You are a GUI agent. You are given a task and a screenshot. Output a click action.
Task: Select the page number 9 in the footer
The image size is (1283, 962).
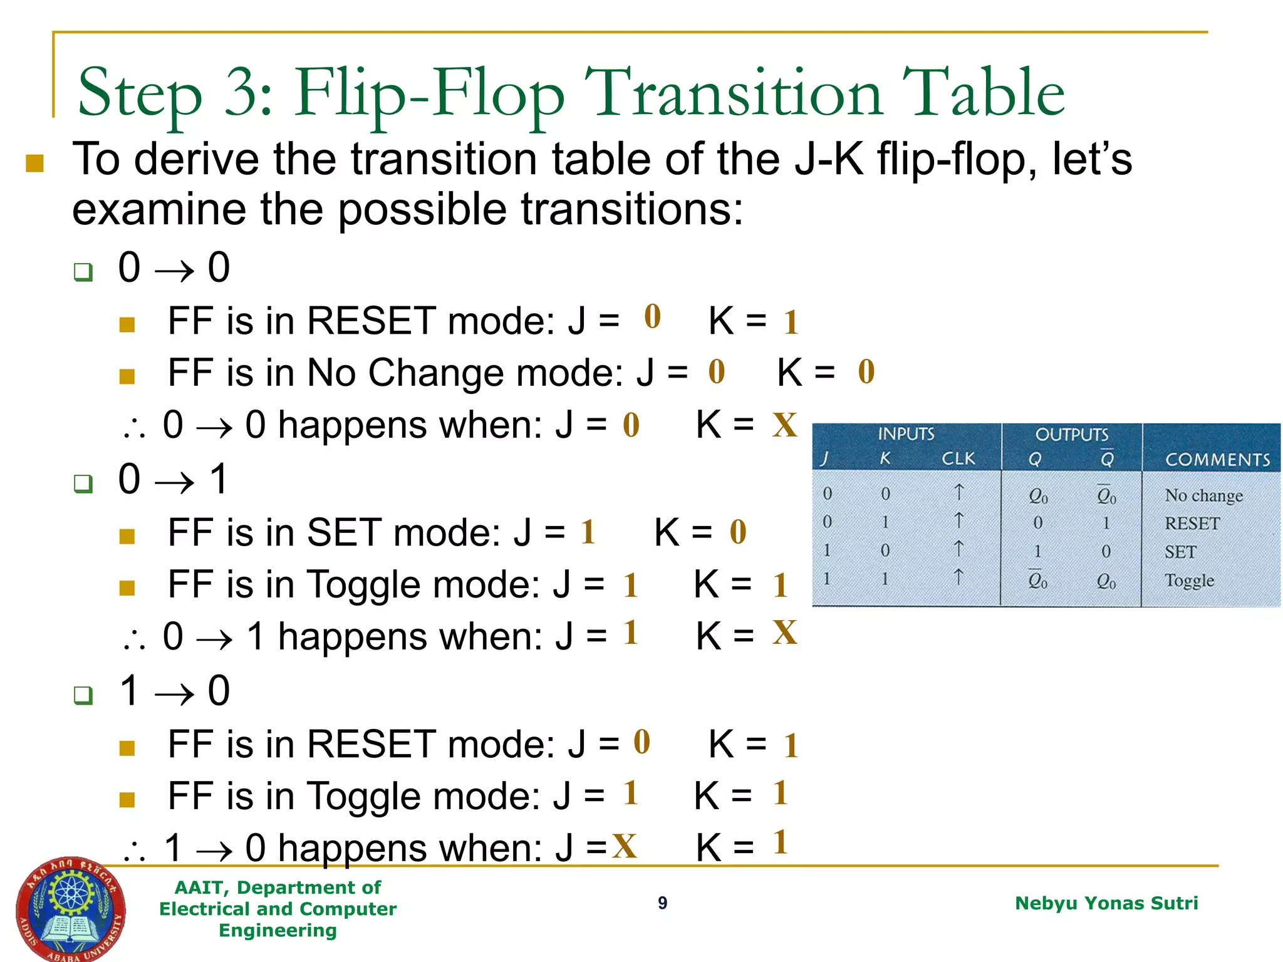point(662,903)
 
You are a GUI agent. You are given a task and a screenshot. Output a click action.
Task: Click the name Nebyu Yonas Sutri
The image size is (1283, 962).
point(1106,903)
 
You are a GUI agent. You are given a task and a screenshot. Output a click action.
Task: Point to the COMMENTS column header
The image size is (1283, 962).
point(1217,460)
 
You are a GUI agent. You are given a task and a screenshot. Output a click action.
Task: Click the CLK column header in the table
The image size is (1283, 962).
point(958,458)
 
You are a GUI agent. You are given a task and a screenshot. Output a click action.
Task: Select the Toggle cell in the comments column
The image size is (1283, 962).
point(1188,580)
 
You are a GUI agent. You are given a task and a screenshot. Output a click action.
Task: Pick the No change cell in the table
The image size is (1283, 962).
point(1203,495)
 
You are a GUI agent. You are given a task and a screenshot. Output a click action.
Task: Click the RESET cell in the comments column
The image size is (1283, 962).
point(1192,523)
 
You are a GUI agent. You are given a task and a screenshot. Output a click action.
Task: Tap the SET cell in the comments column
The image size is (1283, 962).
point(1180,552)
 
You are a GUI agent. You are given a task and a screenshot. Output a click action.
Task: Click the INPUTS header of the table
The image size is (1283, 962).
point(905,433)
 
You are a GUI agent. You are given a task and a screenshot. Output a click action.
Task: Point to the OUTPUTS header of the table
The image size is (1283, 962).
point(1071,434)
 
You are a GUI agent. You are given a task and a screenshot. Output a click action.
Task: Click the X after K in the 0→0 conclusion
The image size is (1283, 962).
point(784,425)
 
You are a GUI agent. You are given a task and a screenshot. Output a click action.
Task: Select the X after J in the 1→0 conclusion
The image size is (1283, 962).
point(624,846)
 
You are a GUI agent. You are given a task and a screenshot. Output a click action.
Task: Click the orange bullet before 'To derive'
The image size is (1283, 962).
point(34,163)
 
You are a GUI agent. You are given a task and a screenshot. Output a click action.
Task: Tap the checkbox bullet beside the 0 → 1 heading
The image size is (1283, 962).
point(83,484)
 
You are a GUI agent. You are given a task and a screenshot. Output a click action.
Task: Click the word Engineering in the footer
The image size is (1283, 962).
point(278,930)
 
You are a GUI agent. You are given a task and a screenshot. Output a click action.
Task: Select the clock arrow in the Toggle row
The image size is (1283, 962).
point(958,576)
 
